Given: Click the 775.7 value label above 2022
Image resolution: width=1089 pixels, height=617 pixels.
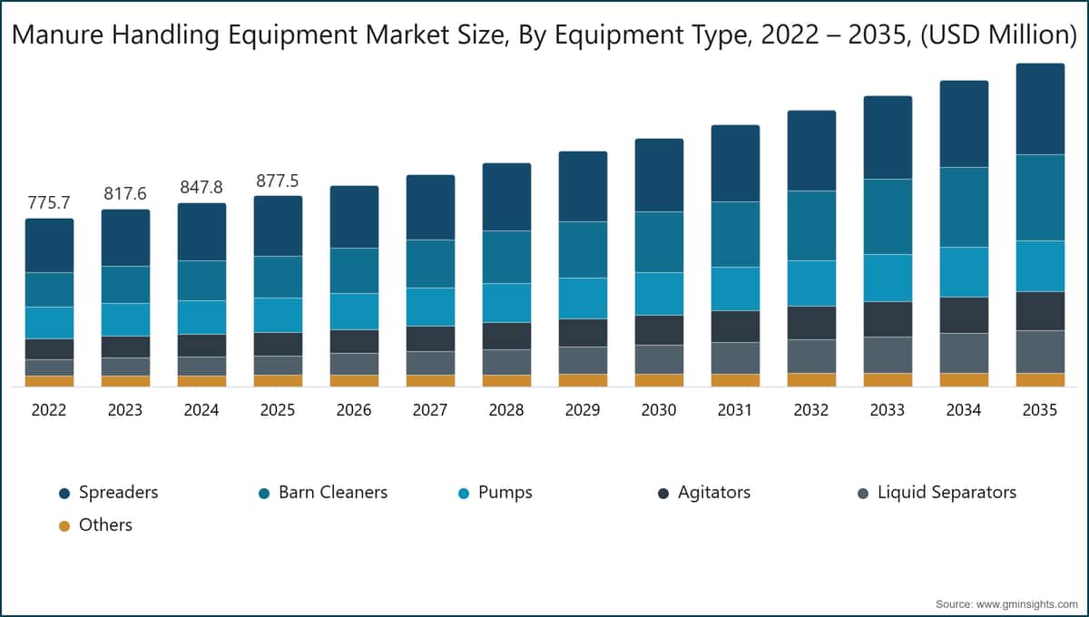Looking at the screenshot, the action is pyautogui.click(x=49, y=202).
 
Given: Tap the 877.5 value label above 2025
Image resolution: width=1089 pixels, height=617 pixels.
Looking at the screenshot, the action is pyautogui.click(x=277, y=181).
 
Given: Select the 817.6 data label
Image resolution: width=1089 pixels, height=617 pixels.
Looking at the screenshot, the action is pyautogui.click(x=125, y=193).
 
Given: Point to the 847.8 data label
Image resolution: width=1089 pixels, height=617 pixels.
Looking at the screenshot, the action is pyautogui.click(x=201, y=187).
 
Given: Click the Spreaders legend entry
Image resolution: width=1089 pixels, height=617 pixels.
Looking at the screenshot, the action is pyautogui.click(x=108, y=493).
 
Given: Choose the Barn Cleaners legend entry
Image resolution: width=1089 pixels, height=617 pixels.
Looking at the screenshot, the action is pyautogui.click(x=323, y=493).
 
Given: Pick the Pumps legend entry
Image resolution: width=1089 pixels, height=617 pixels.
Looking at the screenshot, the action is pyautogui.click(x=495, y=493).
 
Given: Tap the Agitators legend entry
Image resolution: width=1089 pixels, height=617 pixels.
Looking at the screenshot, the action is pyautogui.click(x=704, y=493).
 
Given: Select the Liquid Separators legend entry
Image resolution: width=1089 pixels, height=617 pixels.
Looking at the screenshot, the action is pyautogui.click(x=937, y=493).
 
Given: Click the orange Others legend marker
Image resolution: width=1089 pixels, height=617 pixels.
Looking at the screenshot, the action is pyautogui.click(x=64, y=526).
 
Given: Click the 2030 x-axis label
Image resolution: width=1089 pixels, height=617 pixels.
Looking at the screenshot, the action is pyautogui.click(x=659, y=410).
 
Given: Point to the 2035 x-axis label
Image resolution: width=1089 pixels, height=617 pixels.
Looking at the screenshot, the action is pyautogui.click(x=1040, y=410).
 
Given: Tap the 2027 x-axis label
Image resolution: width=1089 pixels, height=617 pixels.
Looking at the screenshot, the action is pyautogui.click(x=430, y=410).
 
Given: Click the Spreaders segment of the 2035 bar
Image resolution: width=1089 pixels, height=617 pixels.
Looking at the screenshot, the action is pyautogui.click(x=1040, y=109).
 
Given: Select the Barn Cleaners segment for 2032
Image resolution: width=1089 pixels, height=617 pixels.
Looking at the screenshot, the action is pyautogui.click(x=812, y=226).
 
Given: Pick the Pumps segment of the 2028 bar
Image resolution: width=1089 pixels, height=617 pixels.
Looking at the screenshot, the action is pyautogui.click(x=506, y=303).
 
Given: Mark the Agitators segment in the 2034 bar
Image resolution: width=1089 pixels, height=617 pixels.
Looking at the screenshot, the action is pyautogui.click(x=964, y=315).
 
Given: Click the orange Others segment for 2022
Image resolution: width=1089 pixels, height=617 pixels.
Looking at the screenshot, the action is pyautogui.click(x=50, y=381).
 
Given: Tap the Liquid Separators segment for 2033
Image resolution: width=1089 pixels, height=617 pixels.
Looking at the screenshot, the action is pyautogui.click(x=888, y=355).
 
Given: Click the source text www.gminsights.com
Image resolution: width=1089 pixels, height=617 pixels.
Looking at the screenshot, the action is pyautogui.click(x=1026, y=604).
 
